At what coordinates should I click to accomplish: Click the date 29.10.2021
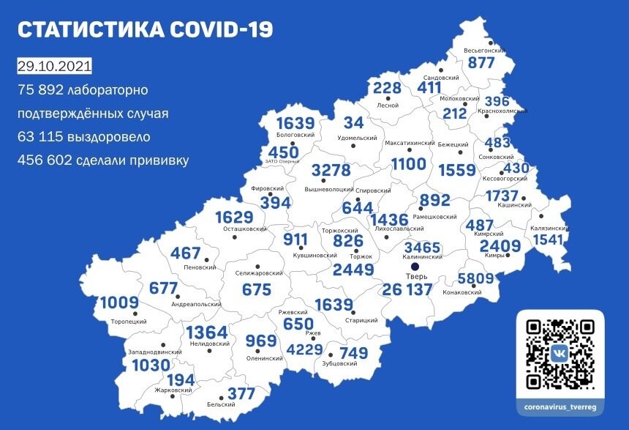click(54, 66)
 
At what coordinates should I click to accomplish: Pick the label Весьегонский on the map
click(486, 51)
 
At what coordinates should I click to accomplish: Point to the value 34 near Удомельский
click(354, 122)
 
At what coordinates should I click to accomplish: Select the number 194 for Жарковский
click(182, 380)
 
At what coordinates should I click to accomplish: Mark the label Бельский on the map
click(221, 404)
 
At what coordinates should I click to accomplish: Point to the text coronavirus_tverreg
click(560, 406)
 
